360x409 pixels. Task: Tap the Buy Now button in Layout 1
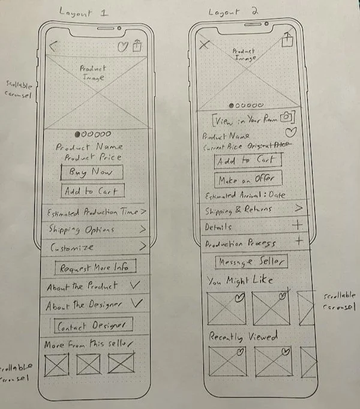click(x=91, y=173)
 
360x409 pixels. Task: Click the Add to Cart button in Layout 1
click(x=92, y=192)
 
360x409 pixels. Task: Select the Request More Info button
click(x=95, y=267)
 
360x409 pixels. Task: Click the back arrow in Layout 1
click(x=53, y=46)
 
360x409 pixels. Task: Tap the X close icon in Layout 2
click(x=205, y=44)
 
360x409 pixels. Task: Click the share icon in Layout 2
click(x=287, y=40)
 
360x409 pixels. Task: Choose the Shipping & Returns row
click(x=252, y=209)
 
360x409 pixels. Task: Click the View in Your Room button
click(x=252, y=118)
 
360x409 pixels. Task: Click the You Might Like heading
click(x=241, y=280)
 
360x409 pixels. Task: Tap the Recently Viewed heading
click(x=243, y=338)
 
